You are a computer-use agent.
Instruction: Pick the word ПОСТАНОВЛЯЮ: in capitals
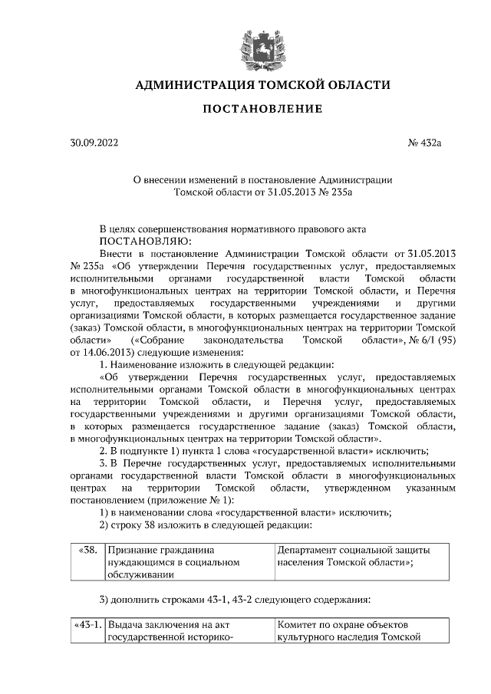[x=134, y=240]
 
